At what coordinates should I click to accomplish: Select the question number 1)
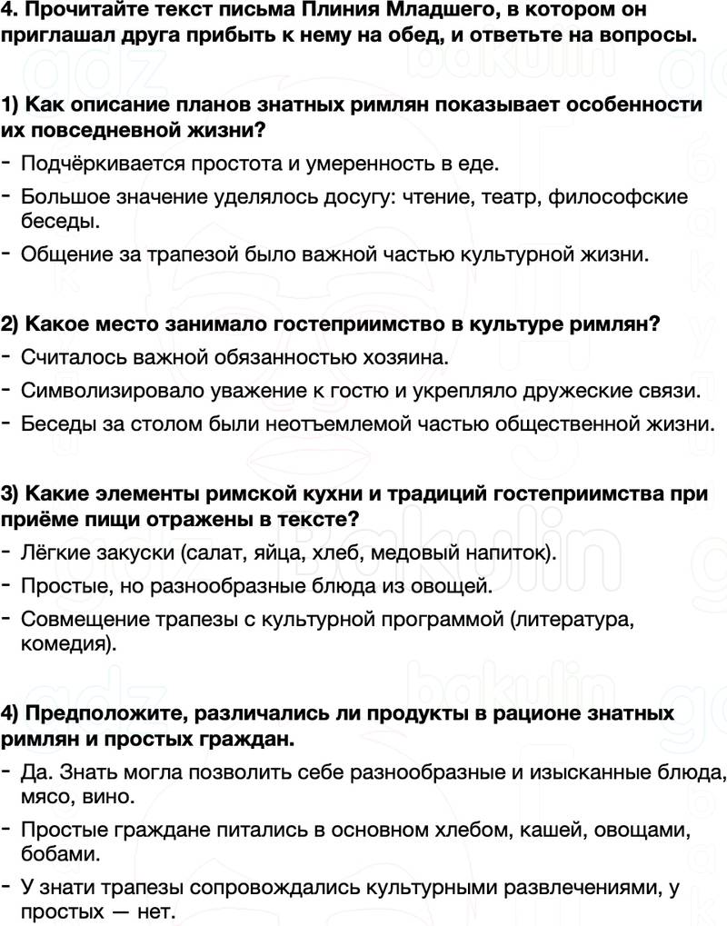pyautogui.click(x=13, y=104)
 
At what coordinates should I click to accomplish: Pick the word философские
pyautogui.click(x=626, y=196)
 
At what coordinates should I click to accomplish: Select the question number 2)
pyautogui.click(x=13, y=324)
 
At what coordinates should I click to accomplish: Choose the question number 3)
pyautogui.click(x=13, y=493)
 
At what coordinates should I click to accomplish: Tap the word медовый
pyautogui.click(x=416, y=552)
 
